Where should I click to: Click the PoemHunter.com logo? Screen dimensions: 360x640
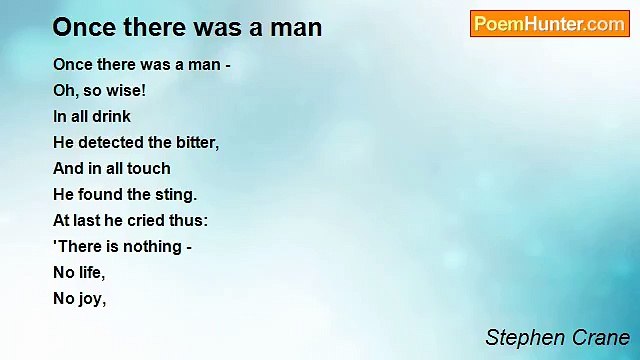click(549, 24)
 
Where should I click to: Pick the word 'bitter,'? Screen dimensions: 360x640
click(195, 142)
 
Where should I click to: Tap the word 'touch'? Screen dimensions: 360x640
click(148, 168)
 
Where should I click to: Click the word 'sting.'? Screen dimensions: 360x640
click(176, 194)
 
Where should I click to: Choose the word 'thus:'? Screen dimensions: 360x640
click(187, 220)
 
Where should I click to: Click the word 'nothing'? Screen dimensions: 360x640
click(146, 246)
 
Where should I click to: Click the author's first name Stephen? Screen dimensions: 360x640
click(523, 337)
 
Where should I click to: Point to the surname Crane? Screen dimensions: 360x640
click(599, 337)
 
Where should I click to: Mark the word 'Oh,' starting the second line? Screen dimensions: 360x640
click(66, 90)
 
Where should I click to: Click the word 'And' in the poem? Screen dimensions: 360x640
click(68, 168)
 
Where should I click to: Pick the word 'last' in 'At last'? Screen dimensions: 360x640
click(90, 220)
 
